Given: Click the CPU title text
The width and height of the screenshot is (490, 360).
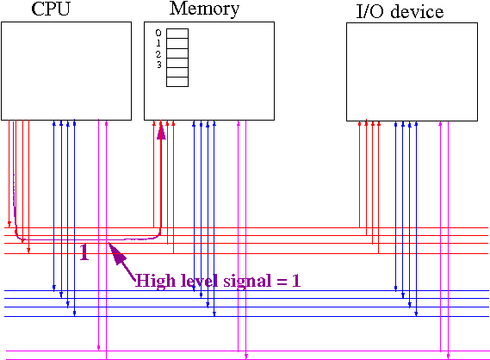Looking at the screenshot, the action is (x=51, y=9).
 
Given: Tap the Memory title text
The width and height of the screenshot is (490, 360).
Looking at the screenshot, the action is (x=204, y=9).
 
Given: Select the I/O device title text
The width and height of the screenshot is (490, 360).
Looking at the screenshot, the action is (x=400, y=11).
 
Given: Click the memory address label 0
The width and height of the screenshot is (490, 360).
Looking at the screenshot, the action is (x=158, y=33).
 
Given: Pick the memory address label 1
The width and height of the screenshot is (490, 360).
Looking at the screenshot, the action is (x=158, y=43).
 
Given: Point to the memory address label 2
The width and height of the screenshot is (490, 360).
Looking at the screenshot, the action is (x=158, y=54).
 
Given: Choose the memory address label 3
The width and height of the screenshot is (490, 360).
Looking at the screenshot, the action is (x=159, y=65).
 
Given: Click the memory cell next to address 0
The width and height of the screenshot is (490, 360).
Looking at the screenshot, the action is (x=177, y=34).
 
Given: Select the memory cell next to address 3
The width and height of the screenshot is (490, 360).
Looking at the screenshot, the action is (x=177, y=63).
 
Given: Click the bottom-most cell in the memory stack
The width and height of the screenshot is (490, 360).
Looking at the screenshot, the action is (x=177, y=82).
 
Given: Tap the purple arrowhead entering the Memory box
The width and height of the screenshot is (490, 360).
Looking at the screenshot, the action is (x=161, y=133).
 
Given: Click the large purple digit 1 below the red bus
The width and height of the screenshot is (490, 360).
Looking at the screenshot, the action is (x=84, y=251).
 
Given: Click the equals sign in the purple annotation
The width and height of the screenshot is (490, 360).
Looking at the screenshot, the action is (x=282, y=282).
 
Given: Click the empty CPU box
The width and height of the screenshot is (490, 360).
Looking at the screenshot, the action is (x=66, y=71).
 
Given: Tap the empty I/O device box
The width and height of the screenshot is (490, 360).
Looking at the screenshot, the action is (x=412, y=71).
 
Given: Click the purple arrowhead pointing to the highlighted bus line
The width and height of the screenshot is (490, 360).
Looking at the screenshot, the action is (x=117, y=252).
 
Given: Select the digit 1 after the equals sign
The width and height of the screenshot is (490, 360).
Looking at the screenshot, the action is (x=296, y=280).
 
